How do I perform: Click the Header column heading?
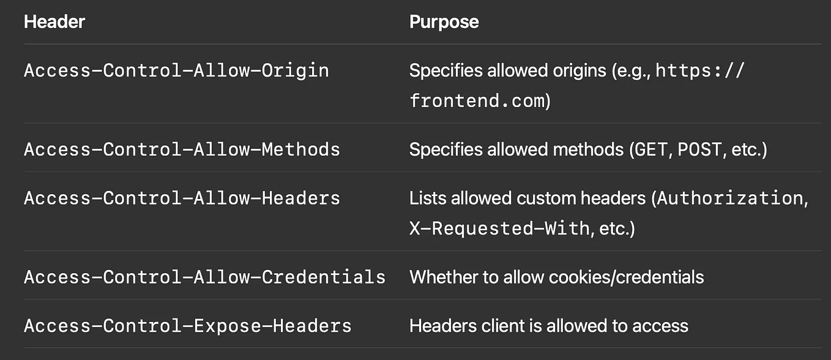(x=54, y=22)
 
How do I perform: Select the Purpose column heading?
(x=444, y=22)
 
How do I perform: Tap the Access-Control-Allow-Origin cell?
(x=176, y=70)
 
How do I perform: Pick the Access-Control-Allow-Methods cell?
(x=182, y=149)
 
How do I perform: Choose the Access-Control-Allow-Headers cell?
(x=182, y=198)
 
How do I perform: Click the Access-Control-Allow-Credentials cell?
(x=204, y=277)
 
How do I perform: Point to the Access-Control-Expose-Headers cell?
(x=187, y=326)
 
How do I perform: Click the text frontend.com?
(x=477, y=101)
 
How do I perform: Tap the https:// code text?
(x=701, y=70)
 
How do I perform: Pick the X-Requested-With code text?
(x=499, y=229)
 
